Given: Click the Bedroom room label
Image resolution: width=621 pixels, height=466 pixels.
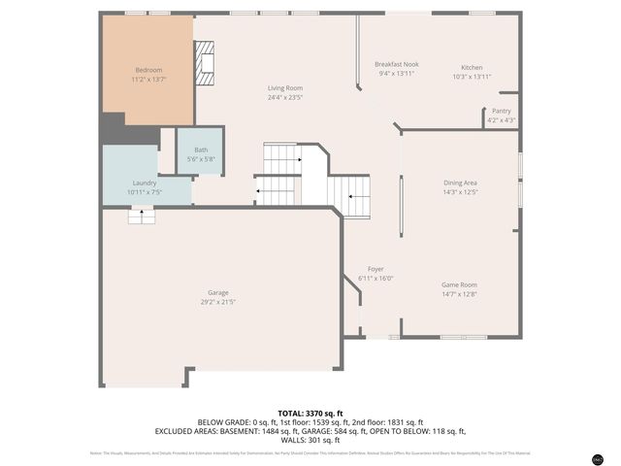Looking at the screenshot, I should point(148,70).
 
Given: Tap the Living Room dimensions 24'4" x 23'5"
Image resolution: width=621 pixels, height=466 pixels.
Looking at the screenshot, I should point(285,97).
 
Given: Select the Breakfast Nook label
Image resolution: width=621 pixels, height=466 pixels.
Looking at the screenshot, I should point(396,64).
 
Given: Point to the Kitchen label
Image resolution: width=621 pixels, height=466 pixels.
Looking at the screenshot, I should point(472,67).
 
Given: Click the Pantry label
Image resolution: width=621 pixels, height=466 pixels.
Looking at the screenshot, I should point(502,111).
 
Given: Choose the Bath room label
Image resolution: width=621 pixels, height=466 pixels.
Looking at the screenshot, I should point(201,150).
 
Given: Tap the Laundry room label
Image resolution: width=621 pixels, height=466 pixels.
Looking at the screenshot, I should point(145,183).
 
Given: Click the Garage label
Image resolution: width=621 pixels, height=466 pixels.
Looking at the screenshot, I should point(218,293).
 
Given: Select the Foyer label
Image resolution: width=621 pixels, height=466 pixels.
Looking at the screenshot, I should point(376,269).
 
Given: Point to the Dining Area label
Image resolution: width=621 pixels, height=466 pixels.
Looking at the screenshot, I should point(460,183).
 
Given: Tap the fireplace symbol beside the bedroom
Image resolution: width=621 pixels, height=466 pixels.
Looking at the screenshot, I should point(204,65).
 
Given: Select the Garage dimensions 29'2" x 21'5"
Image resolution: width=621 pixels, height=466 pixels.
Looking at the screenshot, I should point(218,302).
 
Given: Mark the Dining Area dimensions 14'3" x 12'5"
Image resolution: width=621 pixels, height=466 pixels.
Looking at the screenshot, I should point(460,191).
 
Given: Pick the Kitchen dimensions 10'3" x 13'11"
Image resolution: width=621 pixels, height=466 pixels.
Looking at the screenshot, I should point(472,76).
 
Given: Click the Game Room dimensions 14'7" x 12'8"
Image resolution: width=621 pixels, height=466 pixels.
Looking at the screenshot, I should point(459,294).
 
